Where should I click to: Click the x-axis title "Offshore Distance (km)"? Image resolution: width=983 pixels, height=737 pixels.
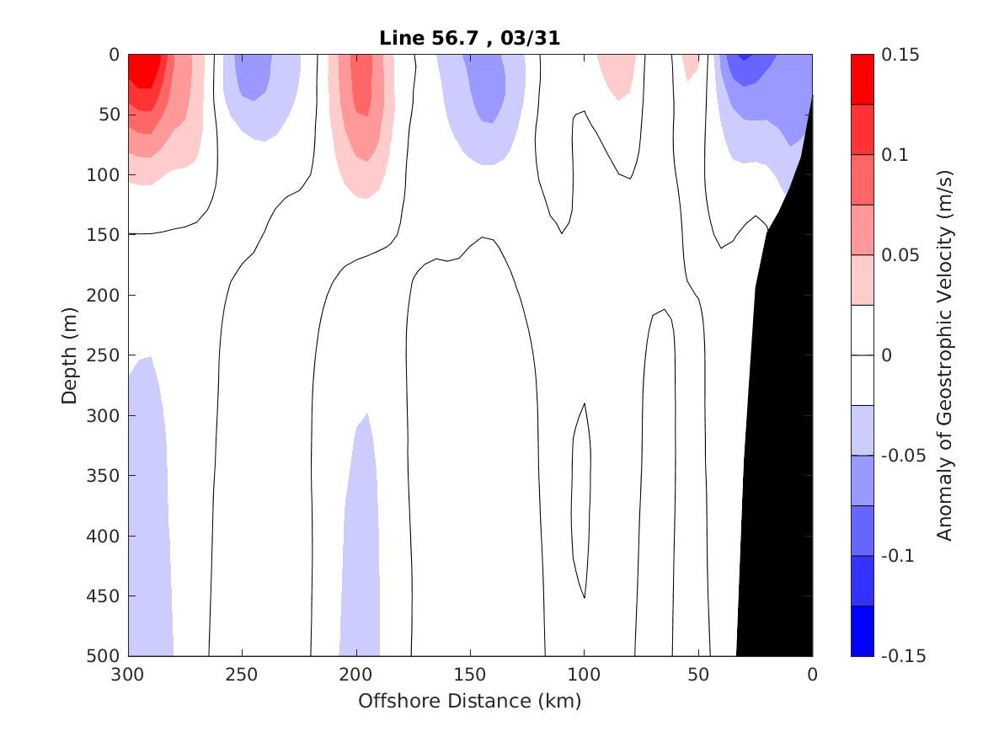[470, 701]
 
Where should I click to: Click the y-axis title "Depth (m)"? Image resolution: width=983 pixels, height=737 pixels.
[69, 355]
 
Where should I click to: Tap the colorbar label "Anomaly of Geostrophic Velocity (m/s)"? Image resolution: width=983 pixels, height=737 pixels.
[945, 355]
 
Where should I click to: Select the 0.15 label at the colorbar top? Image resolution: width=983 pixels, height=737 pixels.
[900, 55]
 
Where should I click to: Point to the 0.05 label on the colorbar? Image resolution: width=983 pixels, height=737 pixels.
[900, 255]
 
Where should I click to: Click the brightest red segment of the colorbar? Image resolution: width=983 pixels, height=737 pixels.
[863, 79]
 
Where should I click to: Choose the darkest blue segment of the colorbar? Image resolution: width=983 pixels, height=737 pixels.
[863, 631]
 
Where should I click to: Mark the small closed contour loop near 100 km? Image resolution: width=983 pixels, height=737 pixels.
[581, 497]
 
